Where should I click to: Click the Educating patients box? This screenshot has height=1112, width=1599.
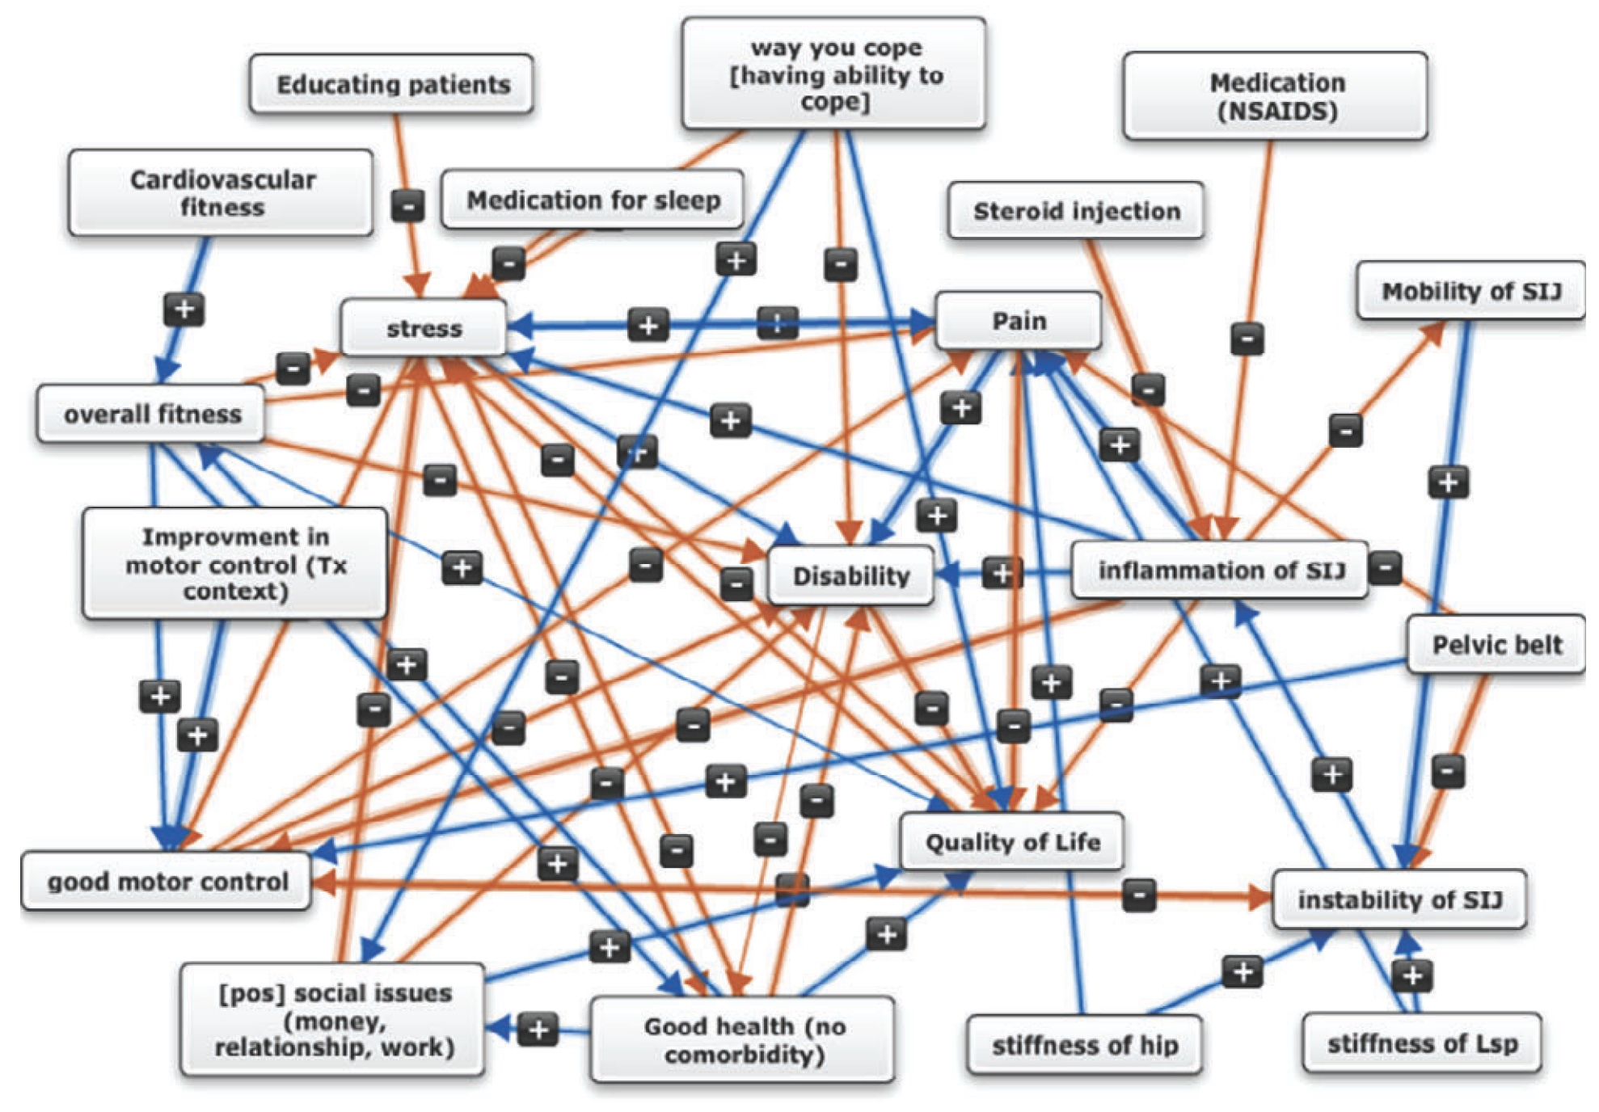click(392, 84)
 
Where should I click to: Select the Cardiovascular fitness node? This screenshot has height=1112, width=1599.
click(221, 193)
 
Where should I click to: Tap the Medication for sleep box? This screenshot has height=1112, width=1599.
click(593, 200)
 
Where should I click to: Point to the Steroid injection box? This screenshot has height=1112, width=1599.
click(1076, 211)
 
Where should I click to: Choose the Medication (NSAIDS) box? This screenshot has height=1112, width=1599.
click(1276, 96)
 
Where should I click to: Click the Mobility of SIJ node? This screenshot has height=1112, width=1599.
click(1470, 291)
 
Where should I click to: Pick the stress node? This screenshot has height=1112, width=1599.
click(424, 328)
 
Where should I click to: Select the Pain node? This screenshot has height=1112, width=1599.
click(1019, 321)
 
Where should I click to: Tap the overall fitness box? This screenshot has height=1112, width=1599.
click(152, 415)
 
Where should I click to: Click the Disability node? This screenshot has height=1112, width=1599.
click(850, 576)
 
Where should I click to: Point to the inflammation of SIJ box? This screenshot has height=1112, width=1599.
click(1220, 571)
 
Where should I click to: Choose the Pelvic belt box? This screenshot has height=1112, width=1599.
click(1496, 645)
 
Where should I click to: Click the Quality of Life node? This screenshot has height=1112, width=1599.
click(1012, 842)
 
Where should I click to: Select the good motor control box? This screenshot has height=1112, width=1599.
click(167, 882)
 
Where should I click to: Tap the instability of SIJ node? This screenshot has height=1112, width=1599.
click(1399, 899)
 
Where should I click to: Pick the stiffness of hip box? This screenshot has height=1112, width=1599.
click(1084, 1045)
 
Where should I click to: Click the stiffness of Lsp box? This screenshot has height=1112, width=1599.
click(1422, 1043)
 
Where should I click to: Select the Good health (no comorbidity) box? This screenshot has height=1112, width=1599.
click(743, 1040)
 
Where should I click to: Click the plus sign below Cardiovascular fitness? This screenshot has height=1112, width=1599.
click(184, 309)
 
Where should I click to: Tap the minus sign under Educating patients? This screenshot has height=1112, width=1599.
click(407, 205)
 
